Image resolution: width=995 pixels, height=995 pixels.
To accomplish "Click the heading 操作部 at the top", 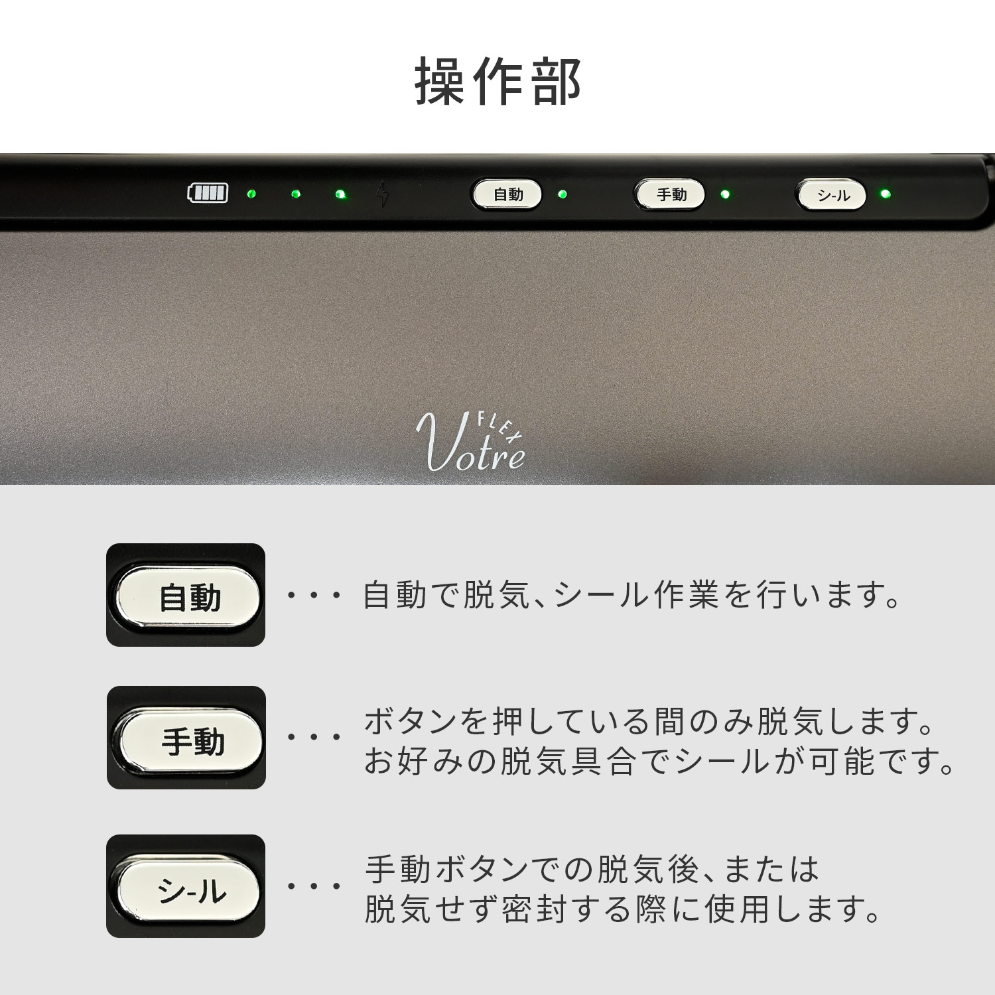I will click(497, 82).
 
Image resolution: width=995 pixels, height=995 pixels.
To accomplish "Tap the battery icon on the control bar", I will click(208, 193).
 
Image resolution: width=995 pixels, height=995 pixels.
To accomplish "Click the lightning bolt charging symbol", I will click(383, 194).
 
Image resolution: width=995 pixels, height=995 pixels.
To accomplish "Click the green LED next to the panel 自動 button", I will click(563, 194).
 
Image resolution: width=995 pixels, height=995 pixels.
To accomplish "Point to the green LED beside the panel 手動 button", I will click(725, 194).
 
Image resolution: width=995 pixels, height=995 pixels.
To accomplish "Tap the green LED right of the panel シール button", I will click(885, 194).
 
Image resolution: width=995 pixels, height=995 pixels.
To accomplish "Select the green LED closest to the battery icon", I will click(251, 194).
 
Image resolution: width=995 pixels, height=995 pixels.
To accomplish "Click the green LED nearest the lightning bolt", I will click(340, 194).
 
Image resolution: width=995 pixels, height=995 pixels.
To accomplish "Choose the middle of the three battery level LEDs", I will click(296, 194).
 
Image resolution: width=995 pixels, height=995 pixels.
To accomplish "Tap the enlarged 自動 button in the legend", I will click(188, 596).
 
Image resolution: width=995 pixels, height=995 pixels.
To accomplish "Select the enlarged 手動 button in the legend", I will click(190, 740).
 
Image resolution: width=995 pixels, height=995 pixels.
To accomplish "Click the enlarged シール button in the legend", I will click(189, 889).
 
